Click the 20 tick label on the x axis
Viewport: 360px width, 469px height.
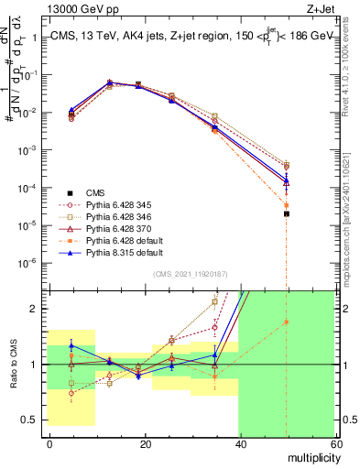pyautogui.click(x=144, y=444)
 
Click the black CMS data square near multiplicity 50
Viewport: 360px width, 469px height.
pyautogui.click(x=287, y=213)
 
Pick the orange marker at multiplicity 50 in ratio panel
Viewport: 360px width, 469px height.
pyautogui.click(x=287, y=322)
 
